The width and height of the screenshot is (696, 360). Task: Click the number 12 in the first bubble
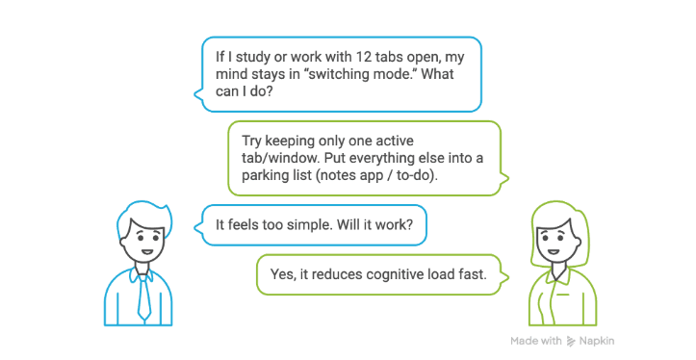coord(362,57)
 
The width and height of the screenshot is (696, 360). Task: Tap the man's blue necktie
coord(143,296)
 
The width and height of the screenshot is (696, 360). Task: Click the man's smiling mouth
coord(147,251)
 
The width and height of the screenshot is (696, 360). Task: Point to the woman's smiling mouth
coord(554,251)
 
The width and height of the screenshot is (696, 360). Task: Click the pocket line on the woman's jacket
coord(563,294)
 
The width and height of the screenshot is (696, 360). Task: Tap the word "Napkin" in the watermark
coord(597,341)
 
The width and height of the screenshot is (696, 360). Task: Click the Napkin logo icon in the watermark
coord(571,341)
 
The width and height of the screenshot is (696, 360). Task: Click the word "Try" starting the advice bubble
coord(251,141)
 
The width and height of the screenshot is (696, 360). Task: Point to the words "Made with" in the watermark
coord(536,341)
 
